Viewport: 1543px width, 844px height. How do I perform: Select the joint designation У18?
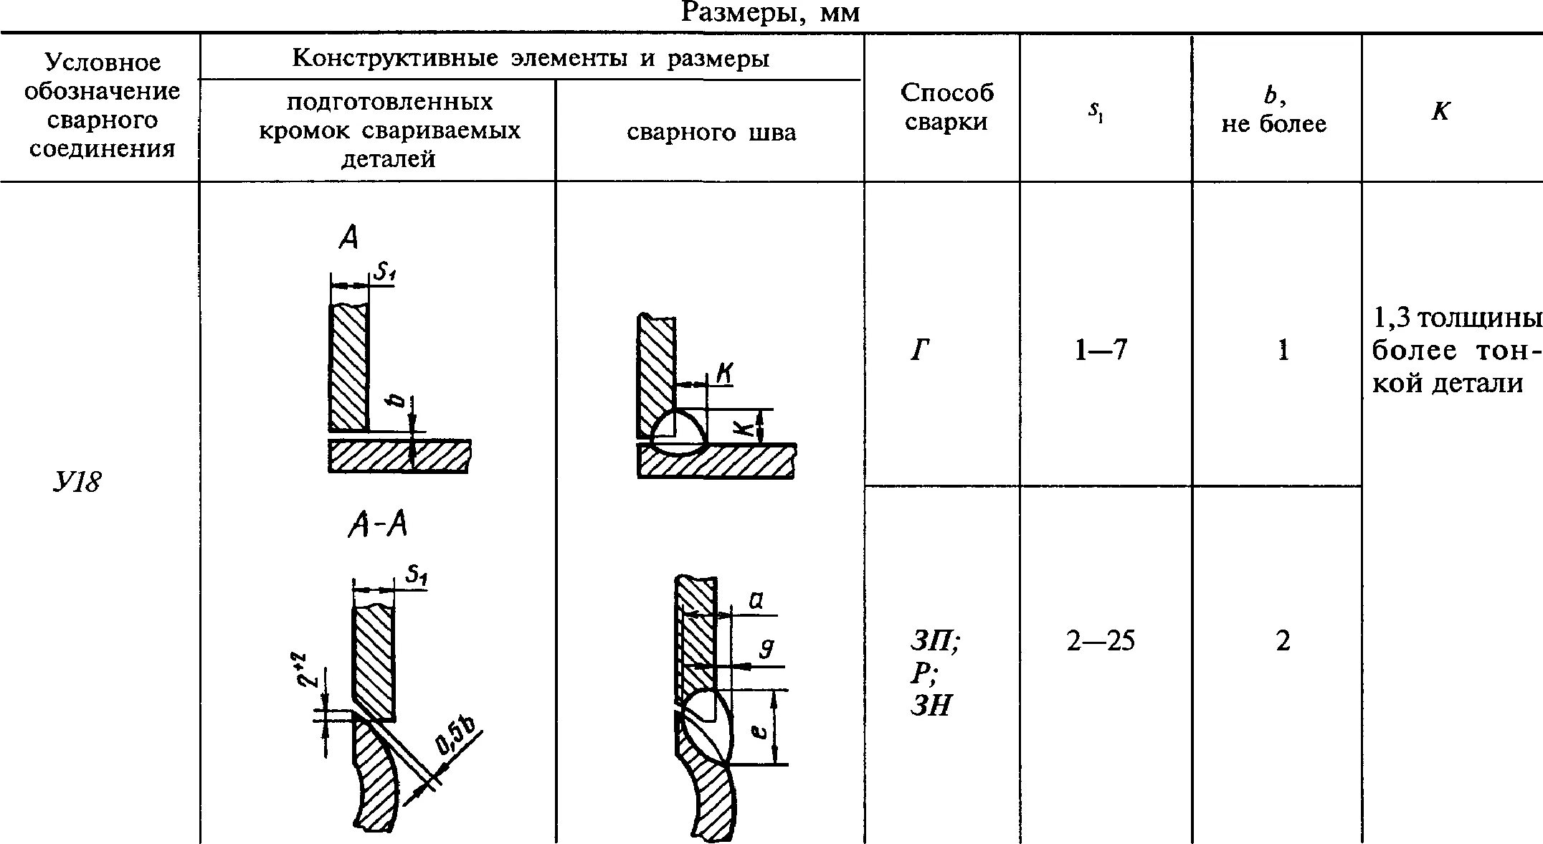[x=77, y=482]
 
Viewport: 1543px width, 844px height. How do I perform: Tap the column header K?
[x=1440, y=111]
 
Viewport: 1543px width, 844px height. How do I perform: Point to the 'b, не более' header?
[x=1273, y=111]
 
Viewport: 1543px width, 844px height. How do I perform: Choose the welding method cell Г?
[x=921, y=351]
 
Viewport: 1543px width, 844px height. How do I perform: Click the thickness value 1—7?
[x=1101, y=351]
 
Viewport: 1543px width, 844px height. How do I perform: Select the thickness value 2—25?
[x=1101, y=640]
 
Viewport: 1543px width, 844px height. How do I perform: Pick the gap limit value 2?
[x=1283, y=640]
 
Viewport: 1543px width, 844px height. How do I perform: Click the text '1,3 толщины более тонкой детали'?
[x=1456, y=351]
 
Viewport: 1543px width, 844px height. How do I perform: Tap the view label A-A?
[x=378, y=526]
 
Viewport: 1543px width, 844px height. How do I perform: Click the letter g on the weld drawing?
[x=766, y=649]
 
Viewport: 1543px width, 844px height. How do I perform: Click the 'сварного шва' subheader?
[x=711, y=133]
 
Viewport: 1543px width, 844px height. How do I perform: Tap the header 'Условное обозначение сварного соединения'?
[x=102, y=106]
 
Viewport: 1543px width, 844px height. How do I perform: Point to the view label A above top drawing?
[x=348, y=237]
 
